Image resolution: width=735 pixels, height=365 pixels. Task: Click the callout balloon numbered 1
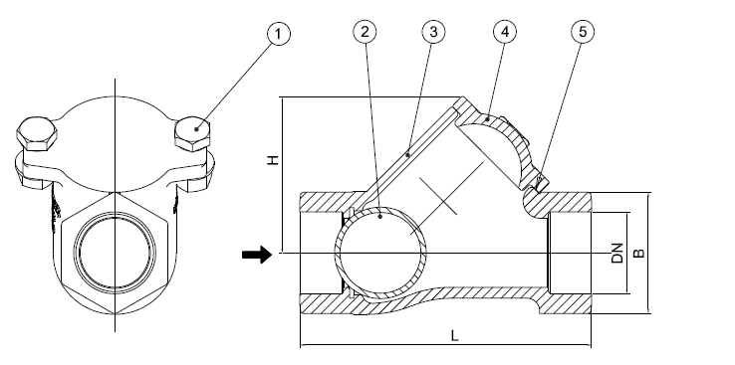point(279,34)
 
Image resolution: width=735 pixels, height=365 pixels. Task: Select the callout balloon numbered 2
point(365,32)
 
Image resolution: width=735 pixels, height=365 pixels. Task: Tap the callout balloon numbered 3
point(433,32)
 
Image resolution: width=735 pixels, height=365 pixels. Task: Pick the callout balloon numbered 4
point(504,32)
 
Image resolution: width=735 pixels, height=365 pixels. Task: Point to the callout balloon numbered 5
point(583,32)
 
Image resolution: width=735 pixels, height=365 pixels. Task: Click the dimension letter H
point(273,159)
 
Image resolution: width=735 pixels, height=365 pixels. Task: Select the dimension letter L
point(454,335)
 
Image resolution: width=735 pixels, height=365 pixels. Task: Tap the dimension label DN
point(617,254)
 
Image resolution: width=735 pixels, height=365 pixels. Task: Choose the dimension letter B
point(639,254)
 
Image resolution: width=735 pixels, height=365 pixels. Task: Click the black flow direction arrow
point(257,255)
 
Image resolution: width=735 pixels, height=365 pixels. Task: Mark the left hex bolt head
point(37,133)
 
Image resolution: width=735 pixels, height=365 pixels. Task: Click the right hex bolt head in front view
point(192,134)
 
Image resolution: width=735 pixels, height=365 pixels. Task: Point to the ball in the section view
point(380,253)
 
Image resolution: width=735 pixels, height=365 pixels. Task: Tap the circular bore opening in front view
point(115,253)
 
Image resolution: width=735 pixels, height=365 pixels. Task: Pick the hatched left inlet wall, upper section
point(328,202)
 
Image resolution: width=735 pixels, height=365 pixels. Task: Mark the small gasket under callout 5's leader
point(540,183)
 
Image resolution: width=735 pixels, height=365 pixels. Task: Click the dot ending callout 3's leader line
point(408,154)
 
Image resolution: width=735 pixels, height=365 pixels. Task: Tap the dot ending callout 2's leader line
point(380,216)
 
